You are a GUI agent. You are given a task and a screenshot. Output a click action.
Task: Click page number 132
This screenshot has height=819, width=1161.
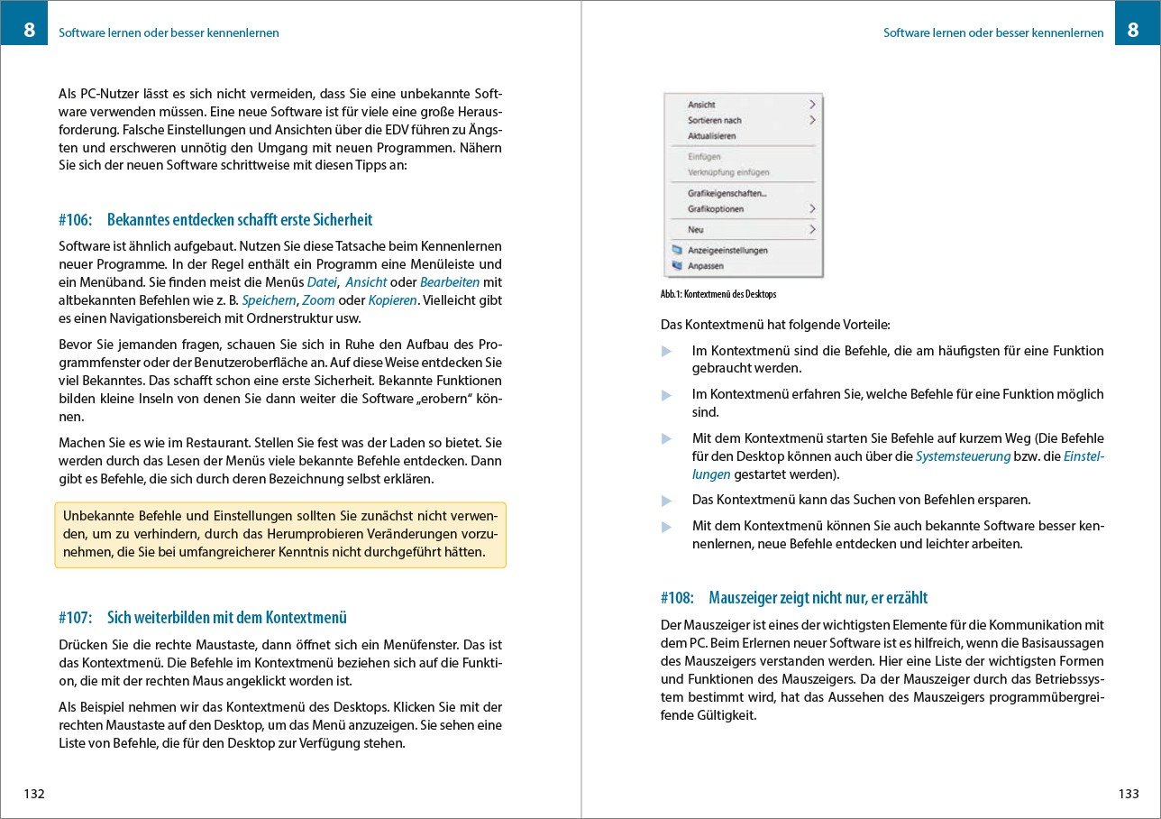tap(34, 795)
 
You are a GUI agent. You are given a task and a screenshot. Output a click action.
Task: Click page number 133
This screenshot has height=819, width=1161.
tap(1128, 795)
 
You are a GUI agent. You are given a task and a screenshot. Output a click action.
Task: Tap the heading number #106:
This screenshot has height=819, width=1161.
tap(76, 220)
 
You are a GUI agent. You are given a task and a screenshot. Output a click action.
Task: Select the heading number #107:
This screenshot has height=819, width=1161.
tap(76, 618)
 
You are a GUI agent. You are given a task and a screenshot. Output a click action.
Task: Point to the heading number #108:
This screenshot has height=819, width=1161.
tap(677, 598)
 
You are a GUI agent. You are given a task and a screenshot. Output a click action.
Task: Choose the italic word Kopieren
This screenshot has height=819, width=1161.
tap(392, 299)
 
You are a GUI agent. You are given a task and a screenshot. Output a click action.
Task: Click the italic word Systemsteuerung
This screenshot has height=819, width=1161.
tap(963, 456)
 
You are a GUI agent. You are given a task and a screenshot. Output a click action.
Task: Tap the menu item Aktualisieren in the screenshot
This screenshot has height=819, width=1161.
tap(712, 136)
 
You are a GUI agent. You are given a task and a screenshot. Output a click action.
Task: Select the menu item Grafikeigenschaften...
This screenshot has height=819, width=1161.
tap(727, 193)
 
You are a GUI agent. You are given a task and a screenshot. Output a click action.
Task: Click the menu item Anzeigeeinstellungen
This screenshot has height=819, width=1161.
tap(727, 250)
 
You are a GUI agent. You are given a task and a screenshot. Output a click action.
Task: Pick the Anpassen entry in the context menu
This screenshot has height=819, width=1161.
tap(706, 266)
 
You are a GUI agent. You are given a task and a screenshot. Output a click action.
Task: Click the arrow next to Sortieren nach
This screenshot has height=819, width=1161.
tap(811, 120)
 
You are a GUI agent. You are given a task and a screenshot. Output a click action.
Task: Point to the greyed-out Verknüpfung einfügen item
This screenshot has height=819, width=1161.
tap(728, 172)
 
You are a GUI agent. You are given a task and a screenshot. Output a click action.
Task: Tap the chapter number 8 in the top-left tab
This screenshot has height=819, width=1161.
tap(30, 31)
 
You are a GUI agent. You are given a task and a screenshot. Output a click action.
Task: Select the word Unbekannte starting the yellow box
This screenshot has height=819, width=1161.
tap(98, 516)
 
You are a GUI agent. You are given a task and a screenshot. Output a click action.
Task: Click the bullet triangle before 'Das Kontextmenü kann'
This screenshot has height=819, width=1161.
tap(667, 501)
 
